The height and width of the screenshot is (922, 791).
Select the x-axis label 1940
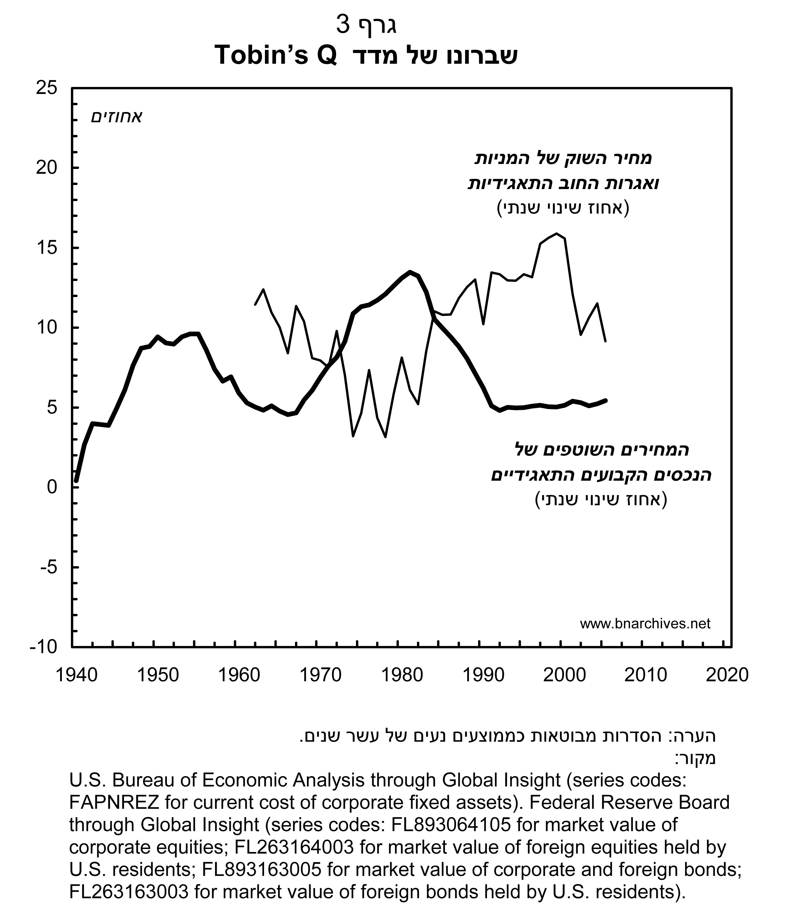click(76, 675)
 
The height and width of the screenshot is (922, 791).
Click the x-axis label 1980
click(402, 675)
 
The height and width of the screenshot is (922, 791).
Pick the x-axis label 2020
click(727, 675)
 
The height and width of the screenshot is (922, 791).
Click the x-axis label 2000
click(565, 675)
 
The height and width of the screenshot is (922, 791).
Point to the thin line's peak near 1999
click(556, 234)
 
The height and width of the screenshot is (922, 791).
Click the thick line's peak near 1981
click(410, 272)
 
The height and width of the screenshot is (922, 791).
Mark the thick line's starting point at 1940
click(76, 481)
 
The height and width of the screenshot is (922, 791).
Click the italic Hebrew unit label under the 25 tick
click(116, 118)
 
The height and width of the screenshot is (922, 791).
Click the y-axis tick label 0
click(52, 487)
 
